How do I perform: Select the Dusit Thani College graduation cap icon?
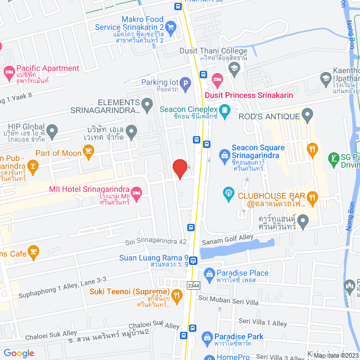[234, 67]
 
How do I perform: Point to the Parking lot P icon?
[185, 83]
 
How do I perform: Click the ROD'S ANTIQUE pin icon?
[307, 116]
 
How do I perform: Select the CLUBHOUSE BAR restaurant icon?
[313, 196]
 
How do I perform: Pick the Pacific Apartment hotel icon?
[8, 71]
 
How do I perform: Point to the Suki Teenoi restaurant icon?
[177, 294]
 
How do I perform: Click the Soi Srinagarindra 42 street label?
[155, 241]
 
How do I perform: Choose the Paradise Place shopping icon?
[208, 276]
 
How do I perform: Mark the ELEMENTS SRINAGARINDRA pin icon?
[147, 103]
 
